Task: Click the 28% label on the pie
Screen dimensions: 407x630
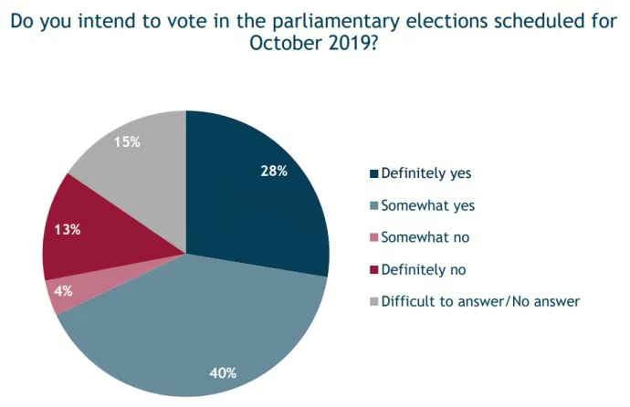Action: [274, 171]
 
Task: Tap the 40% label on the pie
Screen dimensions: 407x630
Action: [223, 372]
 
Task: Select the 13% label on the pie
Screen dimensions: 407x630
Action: [68, 229]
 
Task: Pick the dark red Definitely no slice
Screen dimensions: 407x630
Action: [100, 233]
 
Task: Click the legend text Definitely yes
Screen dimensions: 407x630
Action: [425, 172]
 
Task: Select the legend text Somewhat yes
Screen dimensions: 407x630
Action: [427, 205]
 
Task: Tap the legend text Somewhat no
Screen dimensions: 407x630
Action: [425, 237]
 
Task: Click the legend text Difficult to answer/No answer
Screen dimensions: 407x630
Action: [480, 301]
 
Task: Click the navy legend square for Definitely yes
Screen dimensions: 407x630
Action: [372, 173]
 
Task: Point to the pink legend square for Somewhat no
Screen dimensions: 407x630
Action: [372, 237]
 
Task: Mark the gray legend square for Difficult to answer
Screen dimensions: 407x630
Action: [372, 301]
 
